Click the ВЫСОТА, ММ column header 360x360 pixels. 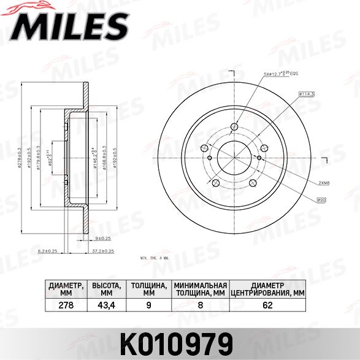click(107, 289)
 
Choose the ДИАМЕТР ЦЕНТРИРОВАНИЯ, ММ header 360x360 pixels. click(267, 289)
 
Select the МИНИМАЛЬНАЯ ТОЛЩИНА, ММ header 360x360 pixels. click(200, 289)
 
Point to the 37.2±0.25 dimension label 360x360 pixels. click(105, 251)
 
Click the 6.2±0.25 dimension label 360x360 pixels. click(47, 251)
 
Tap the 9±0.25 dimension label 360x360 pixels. click(102, 237)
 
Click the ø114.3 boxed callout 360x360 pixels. click(307, 93)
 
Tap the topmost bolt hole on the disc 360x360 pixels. click(234, 127)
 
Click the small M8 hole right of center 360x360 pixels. click(259, 158)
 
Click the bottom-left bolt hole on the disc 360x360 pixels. click(215, 182)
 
